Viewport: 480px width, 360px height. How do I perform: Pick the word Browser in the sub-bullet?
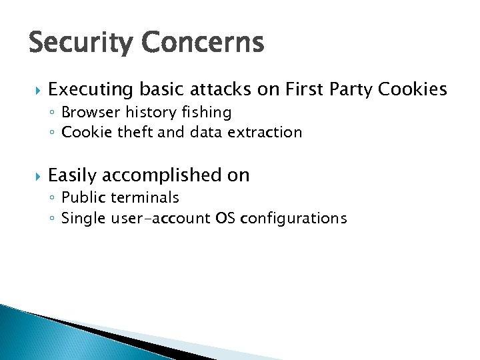tap(87, 112)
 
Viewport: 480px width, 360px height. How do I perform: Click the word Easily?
tap(73, 176)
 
